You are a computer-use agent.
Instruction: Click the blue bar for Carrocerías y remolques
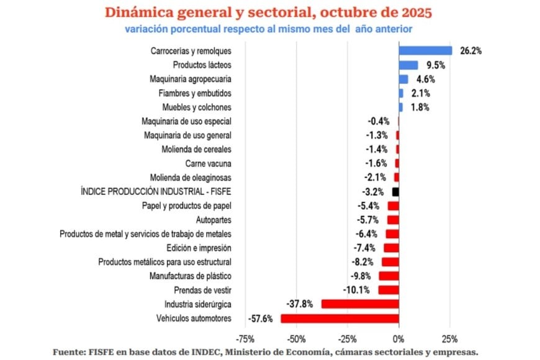click(x=425, y=51)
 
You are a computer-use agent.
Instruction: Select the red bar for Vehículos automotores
click(x=340, y=318)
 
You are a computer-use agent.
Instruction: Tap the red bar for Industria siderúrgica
click(x=360, y=304)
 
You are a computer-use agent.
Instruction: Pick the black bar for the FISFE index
click(x=395, y=192)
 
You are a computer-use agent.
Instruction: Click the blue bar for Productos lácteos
click(x=408, y=65)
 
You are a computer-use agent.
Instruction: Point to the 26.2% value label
click(x=470, y=51)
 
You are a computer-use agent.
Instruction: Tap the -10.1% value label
click(x=356, y=290)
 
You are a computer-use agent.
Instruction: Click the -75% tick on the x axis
click(x=245, y=339)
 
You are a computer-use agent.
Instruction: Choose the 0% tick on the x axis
click(x=398, y=339)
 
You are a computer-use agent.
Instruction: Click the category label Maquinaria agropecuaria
click(x=191, y=79)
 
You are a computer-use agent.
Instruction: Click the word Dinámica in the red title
click(x=136, y=12)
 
